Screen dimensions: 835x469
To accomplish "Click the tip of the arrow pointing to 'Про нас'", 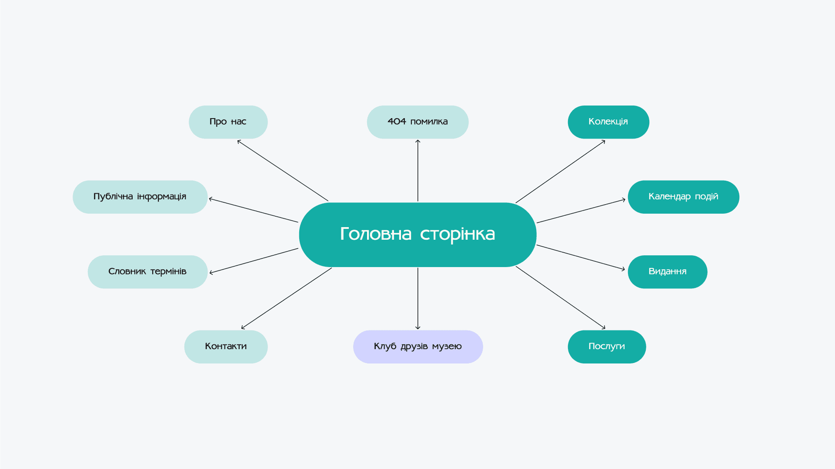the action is pos(237,140).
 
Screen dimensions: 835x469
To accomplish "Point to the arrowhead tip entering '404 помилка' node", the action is pos(418,140).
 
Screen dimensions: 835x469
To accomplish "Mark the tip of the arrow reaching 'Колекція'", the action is pos(605,140).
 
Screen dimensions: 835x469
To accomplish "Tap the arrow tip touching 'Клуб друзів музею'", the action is pos(418,330).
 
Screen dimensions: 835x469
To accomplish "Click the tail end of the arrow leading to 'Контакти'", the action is pos(332,268).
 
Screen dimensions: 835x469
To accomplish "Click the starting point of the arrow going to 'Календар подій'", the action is pos(537,223).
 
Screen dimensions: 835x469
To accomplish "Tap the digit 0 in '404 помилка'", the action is pos(397,122).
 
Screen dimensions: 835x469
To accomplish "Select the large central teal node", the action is pos(418,234).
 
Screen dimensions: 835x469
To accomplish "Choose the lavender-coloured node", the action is pos(418,347).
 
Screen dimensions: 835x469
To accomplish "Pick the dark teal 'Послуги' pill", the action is pos(607,347).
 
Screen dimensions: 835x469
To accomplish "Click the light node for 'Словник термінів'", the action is pos(148,272).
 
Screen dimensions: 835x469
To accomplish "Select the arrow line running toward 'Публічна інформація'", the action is pos(254,211).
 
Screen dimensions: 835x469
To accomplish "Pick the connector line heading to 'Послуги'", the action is pos(561,297).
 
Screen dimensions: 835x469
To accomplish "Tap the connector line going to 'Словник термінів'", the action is pos(254,261).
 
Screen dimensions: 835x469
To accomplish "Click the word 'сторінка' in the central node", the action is pos(458,234).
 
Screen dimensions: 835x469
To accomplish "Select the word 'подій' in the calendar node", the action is pos(707,196).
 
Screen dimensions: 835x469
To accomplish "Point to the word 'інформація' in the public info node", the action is pos(162,197).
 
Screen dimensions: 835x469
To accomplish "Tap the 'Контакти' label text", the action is pos(226,347).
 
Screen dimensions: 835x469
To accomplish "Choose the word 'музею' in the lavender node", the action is pos(447,347).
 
